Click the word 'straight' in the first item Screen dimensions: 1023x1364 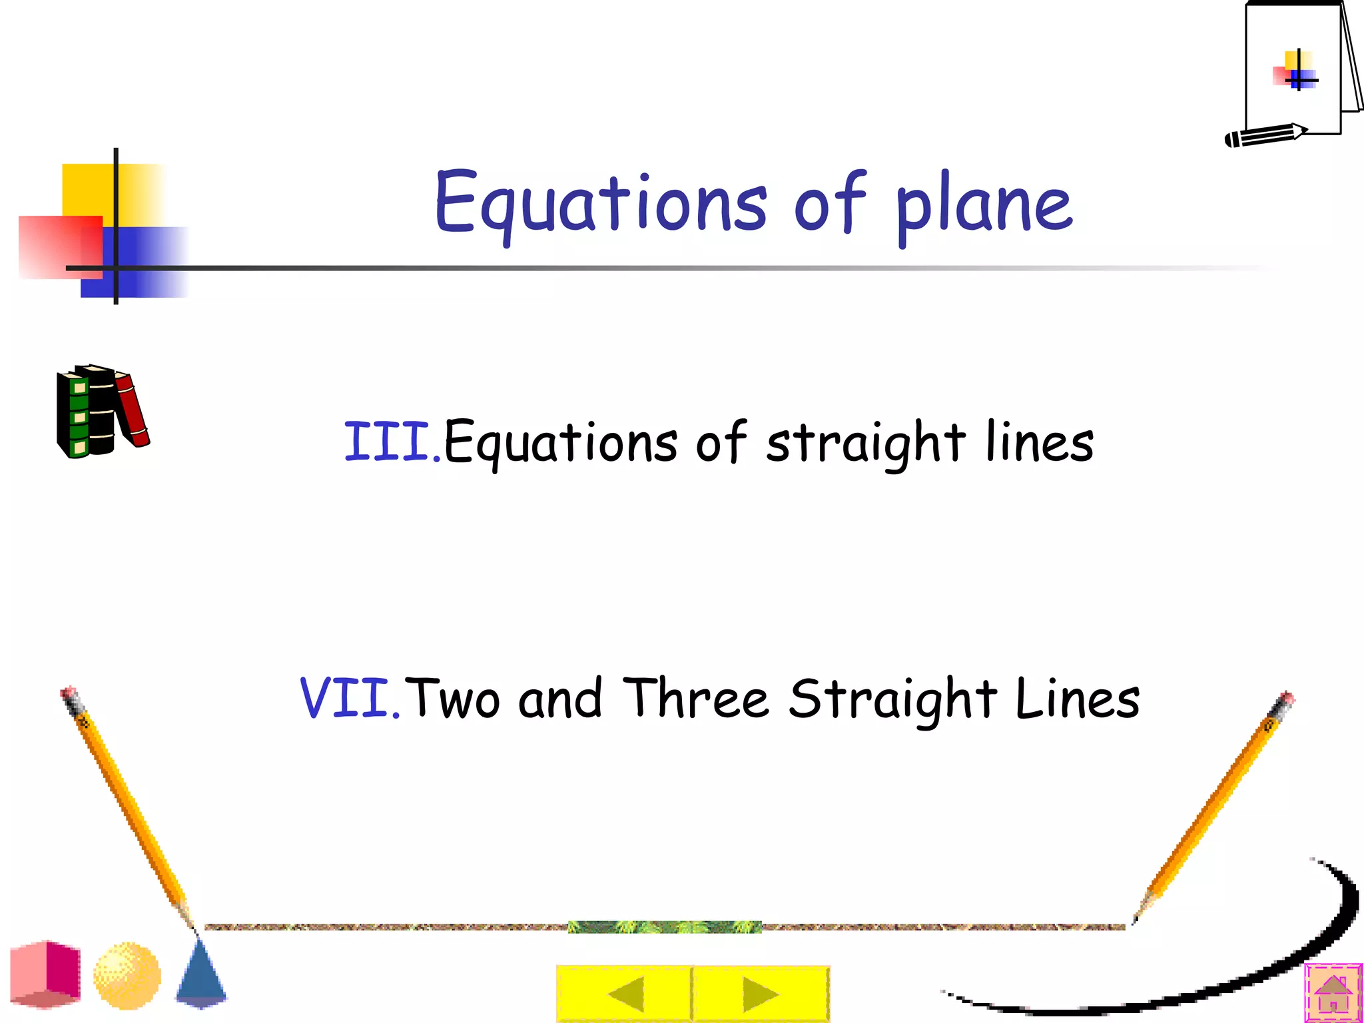pos(865,442)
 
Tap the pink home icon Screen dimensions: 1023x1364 pos(1333,993)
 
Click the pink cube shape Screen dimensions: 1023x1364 pos(45,974)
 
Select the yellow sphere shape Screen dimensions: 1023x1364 pos(127,975)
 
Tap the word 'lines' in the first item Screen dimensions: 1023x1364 pos(1039,442)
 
